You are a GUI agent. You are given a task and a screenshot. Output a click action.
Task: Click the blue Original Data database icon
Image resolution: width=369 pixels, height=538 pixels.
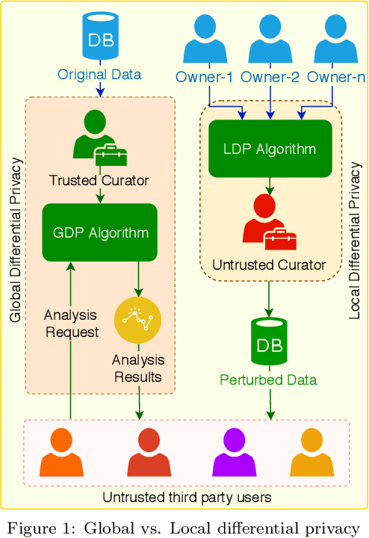point(99,36)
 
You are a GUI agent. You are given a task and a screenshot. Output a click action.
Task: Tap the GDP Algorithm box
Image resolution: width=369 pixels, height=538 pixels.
point(100,232)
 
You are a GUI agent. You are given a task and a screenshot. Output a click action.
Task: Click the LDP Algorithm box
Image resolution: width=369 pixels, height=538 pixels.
point(270,149)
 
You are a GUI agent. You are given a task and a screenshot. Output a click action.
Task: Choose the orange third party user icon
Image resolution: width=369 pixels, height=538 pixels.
point(61,453)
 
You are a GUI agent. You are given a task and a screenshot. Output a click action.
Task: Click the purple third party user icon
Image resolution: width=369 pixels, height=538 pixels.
point(235,453)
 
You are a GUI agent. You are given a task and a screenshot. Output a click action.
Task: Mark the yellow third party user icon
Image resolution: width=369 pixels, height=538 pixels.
point(312,453)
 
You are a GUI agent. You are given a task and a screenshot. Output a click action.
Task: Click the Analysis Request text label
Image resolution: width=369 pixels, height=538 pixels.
point(72,324)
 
